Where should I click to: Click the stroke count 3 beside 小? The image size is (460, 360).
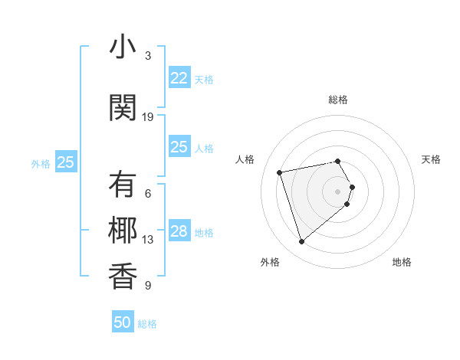(x=148, y=56)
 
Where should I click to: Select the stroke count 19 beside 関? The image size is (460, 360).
(x=149, y=116)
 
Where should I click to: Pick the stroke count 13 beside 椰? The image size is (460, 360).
(x=148, y=240)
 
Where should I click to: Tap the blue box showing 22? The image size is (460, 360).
(x=179, y=78)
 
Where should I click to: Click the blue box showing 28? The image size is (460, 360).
(x=179, y=231)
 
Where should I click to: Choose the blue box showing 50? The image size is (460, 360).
(x=123, y=322)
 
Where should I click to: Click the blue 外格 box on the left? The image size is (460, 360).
(x=66, y=162)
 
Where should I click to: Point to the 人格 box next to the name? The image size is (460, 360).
(x=179, y=147)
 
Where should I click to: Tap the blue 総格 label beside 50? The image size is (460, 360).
(x=147, y=324)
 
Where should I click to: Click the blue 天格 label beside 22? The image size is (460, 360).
(x=204, y=79)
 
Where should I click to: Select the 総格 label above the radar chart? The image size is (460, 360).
(x=338, y=100)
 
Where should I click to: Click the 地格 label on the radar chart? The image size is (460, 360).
(x=402, y=262)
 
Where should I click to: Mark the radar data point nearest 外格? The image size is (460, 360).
(x=301, y=241)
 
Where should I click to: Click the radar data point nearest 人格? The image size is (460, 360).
(x=280, y=172)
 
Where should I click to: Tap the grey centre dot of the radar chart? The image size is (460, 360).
(x=337, y=191)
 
